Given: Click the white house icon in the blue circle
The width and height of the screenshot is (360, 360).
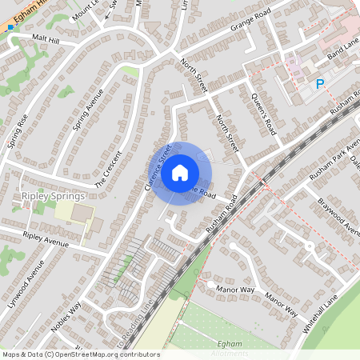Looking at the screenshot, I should tap(180, 172).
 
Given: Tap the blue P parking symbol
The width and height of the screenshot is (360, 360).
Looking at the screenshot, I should tap(321, 84).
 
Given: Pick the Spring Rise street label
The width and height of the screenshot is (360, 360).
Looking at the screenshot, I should tap(18, 131).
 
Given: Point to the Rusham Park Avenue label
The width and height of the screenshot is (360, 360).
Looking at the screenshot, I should tap(338, 153).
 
